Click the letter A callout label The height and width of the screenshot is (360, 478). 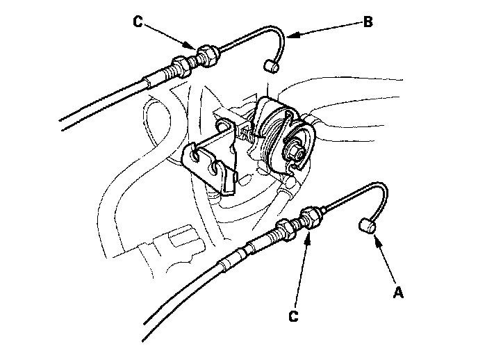(398, 293)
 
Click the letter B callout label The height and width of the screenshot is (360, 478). (368, 22)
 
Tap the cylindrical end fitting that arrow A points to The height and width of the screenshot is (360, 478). (366, 227)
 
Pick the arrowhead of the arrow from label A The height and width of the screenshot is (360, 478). (375, 240)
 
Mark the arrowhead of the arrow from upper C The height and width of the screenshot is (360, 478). (195, 49)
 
